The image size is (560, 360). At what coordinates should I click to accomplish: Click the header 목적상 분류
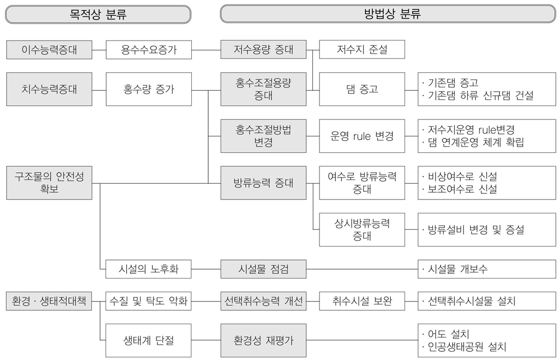pos(98,14)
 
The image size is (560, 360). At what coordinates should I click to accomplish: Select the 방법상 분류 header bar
pos(389,14)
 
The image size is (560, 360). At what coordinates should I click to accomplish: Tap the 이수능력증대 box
pos(49,50)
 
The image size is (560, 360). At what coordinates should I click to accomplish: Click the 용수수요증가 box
pos(149,50)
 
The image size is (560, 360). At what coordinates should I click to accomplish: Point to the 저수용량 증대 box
pos(264,50)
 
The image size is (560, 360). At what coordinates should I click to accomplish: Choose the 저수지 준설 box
pos(362,50)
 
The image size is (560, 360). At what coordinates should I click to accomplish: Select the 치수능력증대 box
pos(49,89)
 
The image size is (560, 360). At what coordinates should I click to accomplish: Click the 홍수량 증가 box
pos(149,89)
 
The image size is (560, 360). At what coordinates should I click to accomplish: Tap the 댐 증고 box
pos(362,89)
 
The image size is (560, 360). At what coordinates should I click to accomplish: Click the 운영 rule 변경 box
pos(362,136)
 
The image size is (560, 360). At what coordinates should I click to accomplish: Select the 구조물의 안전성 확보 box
pos(49,183)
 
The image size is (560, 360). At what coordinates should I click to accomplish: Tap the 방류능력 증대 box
pos(264,183)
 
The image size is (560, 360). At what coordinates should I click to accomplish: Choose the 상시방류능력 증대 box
pos(362,229)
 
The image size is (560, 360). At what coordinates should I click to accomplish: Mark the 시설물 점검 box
pos(264,268)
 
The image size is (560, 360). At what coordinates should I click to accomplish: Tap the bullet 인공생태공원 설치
pos(467,347)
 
